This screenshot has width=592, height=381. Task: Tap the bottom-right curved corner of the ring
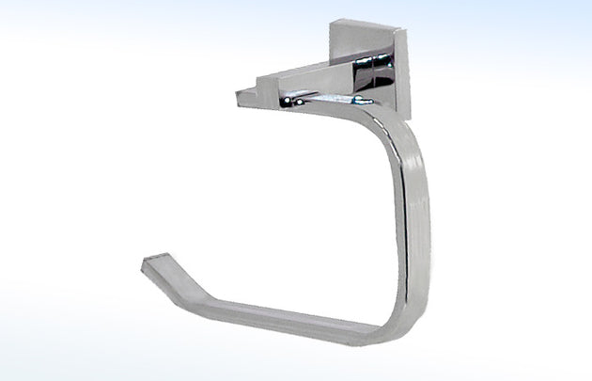click(381, 315)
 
